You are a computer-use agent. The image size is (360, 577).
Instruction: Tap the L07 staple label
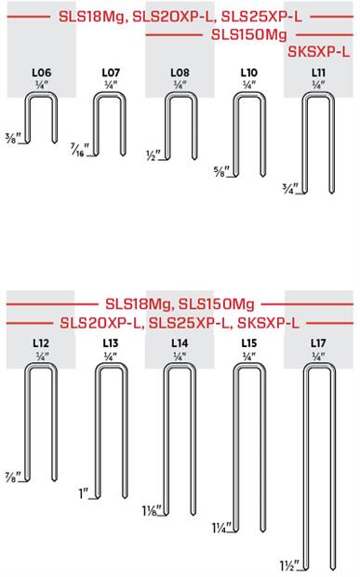pos(110,72)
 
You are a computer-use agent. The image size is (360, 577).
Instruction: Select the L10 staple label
pos(249,72)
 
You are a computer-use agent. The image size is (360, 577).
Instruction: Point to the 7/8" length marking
pos(13,475)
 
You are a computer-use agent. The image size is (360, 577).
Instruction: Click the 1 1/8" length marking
pos(150,511)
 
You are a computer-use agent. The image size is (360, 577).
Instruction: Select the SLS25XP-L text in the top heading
pos(261,16)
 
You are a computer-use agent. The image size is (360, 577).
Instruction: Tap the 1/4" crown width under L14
pos(180,355)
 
